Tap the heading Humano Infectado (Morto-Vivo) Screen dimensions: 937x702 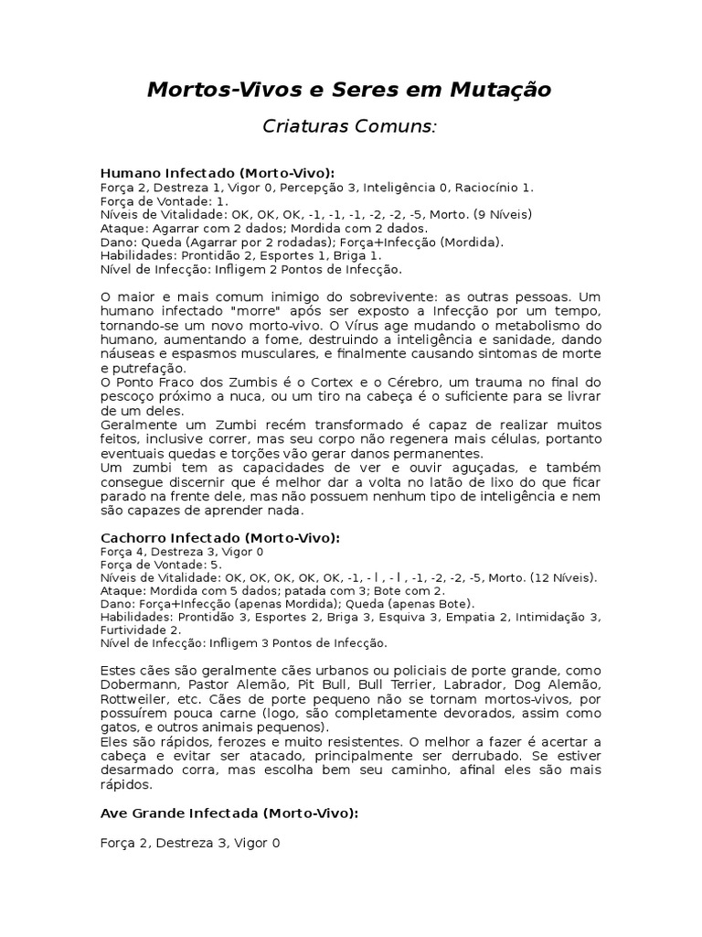[217, 172]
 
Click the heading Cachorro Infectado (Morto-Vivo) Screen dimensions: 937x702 [219, 538]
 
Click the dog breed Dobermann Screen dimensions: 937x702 [137, 684]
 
